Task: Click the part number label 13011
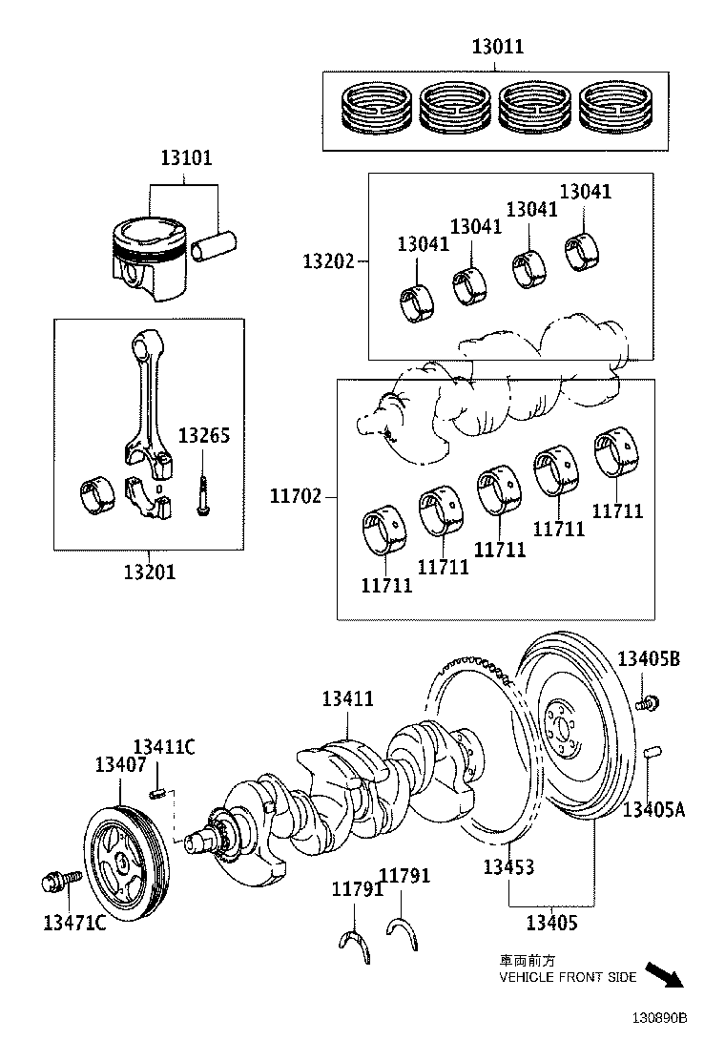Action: (496, 46)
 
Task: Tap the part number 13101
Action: (186, 158)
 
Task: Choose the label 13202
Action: (329, 260)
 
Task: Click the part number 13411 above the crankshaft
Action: (347, 699)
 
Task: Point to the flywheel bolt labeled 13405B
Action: (649, 704)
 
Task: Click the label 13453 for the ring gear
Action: (507, 867)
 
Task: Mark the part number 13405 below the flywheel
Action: (552, 923)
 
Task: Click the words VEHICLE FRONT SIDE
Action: (568, 977)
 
